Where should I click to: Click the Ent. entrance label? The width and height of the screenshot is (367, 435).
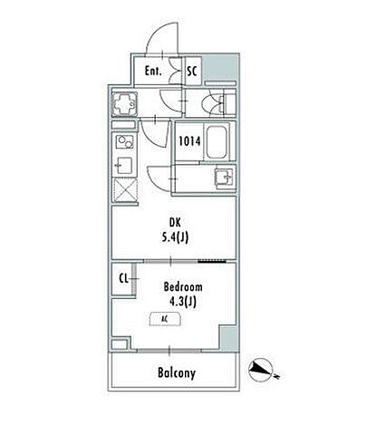click(153, 71)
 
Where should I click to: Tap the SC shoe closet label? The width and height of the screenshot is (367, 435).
click(192, 71)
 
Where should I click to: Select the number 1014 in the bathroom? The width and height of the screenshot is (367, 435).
click(189, 141)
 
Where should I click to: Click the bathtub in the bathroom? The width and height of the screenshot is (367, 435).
click(217, 142)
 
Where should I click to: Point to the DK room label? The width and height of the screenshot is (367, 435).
click(175, 223)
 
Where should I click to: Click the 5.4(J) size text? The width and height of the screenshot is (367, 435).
click(175, 238)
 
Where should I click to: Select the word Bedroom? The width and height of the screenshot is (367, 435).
click(183, 286)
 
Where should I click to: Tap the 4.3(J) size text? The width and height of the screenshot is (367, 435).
click(183, 302)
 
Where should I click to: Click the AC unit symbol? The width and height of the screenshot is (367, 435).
click(165, 319)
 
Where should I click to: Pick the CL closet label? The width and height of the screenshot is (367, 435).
click(123, 278)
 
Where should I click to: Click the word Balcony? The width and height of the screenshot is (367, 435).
click(177, 373)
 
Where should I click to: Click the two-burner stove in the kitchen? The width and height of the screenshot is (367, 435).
click(125, 142)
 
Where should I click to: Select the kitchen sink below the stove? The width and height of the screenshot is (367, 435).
click(124, 166)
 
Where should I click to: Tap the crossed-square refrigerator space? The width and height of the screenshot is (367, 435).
click(125, 189)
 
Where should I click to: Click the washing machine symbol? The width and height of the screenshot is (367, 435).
click(124, 104)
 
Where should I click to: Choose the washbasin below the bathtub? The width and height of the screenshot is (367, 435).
click(224, 178)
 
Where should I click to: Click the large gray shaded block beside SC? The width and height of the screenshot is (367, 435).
click(220, 67)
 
